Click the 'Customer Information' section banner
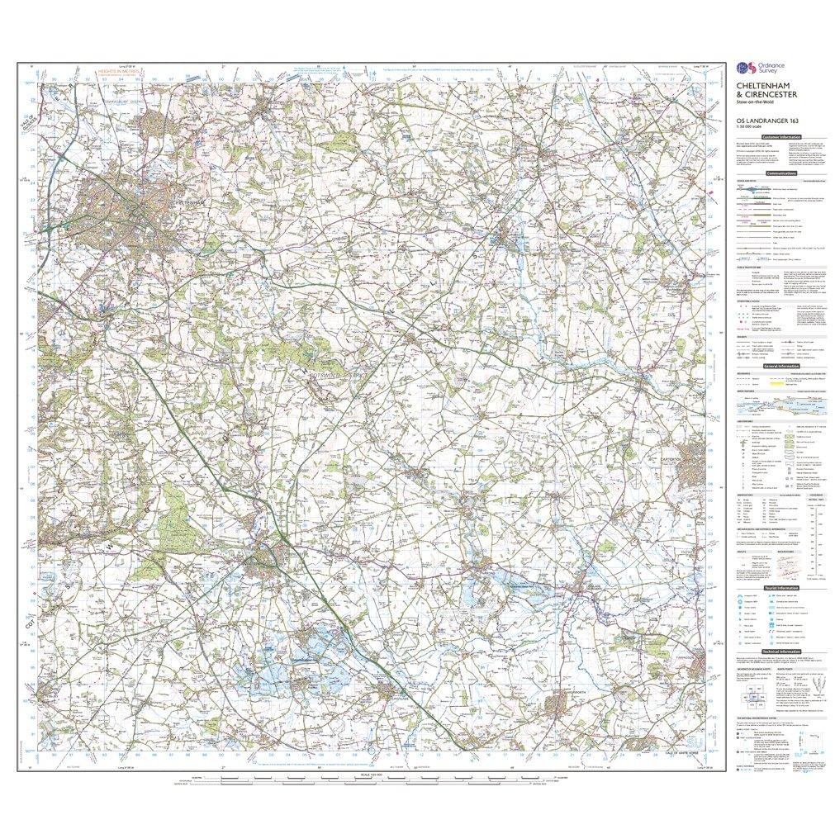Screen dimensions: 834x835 780,136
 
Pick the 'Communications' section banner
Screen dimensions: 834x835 780,173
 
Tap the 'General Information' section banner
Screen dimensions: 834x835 780,366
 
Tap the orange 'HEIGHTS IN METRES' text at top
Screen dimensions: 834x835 117,73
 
